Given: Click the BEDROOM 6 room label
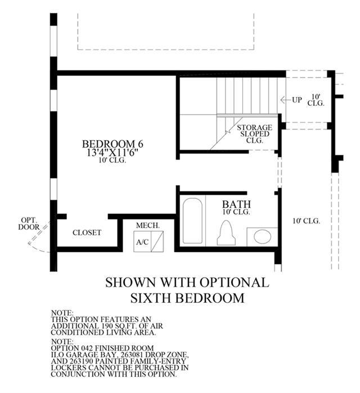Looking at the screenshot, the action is [112, 144].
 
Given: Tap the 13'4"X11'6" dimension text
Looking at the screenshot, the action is [112, 152].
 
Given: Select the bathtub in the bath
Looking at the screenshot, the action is [192, 221].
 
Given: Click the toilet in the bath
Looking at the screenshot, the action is [226, 233].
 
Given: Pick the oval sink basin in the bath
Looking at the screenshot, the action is [262, 237].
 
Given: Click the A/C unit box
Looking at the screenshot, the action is [142, 242].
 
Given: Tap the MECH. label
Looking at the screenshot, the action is [148, 225].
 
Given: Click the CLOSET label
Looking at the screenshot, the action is [87, 233].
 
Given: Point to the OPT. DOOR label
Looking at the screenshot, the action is [29, 224].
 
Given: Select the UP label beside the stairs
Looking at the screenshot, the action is [297, 100].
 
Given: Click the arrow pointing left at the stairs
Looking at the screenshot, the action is [285, 100].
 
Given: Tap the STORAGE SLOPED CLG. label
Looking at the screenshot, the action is [254, 134].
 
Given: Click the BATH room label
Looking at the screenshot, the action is [236, 204].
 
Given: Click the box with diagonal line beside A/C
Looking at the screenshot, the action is [157, 242].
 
